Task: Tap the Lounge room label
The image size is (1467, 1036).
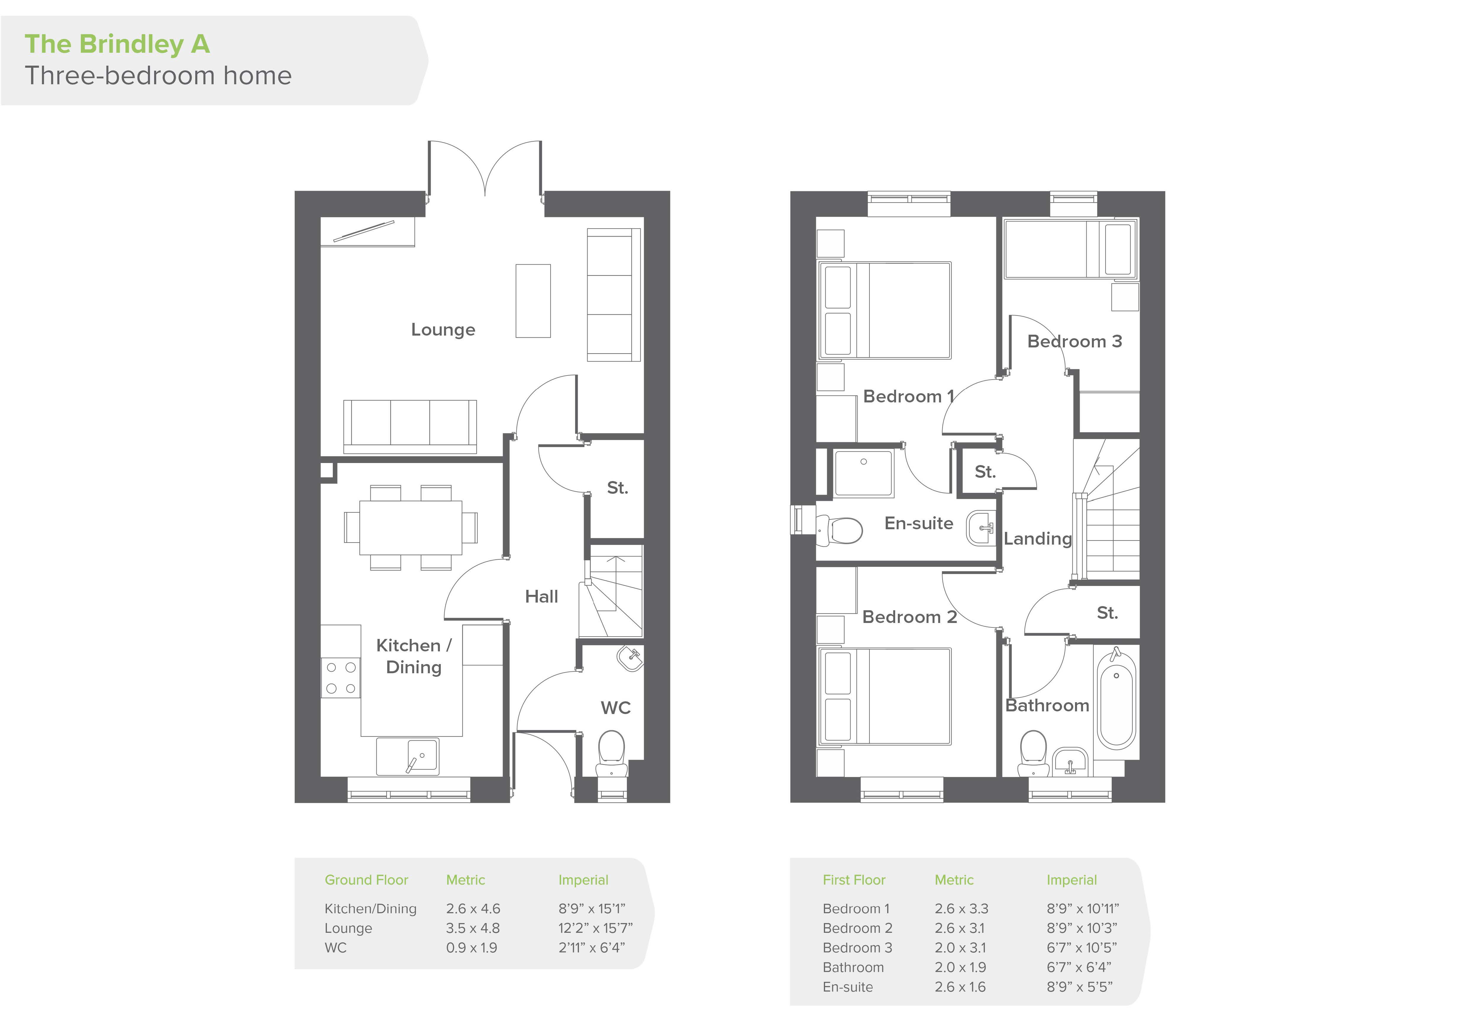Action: [x=443, y=330]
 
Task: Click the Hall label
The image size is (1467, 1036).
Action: [x=541, y=597]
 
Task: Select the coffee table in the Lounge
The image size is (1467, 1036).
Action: [x=533, y=301]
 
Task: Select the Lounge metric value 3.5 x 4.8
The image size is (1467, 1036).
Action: [x=473, y=928]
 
